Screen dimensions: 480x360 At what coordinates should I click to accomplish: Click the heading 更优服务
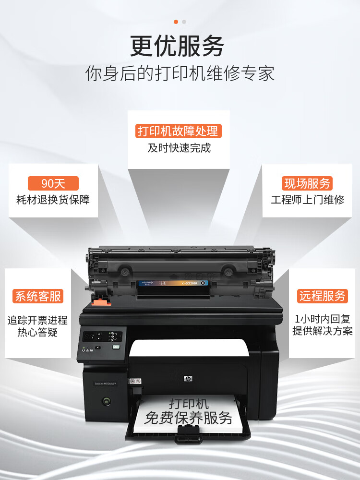pyautogui.click(x=177, y=47)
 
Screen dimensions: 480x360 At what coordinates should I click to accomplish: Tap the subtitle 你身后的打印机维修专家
pyautogui.click(x=180, y=74)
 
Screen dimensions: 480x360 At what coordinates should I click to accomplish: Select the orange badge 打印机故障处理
pyautogui.click(x=178, y=131)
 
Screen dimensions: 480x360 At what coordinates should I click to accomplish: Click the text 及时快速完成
pyautogui.click(x=179, y=148)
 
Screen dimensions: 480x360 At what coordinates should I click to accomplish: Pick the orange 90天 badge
pyautogui.click(x=53, y=183)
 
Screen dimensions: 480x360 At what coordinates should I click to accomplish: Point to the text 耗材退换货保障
pyautogui.click(x=53, y=200)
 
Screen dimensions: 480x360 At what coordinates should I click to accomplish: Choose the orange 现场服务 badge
pyautogui.click(x=307, y=183)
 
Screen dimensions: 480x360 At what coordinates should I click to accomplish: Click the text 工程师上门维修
pyautogui.click(x=308, y=200)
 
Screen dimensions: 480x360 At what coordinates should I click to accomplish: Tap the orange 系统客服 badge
pyautogui.click(x=38, y=296)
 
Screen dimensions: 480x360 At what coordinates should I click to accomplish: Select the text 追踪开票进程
pyautogui.click(x=37, y=320)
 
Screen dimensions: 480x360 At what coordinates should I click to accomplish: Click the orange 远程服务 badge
pyautogui.click(x=322, y=296)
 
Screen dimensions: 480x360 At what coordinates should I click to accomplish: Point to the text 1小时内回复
pyautogui.click(x=322, y=319)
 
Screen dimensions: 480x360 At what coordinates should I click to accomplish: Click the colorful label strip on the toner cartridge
pyautogui.click(x=173, y=283)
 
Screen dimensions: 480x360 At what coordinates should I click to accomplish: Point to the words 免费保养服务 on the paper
pyautogui.click(x=188, y=417)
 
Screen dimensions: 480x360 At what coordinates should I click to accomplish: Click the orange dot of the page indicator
pyautogui.click(x=176, y=22)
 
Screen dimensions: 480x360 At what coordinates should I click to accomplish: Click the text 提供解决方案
pyautogui.click(x=322, y=331)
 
